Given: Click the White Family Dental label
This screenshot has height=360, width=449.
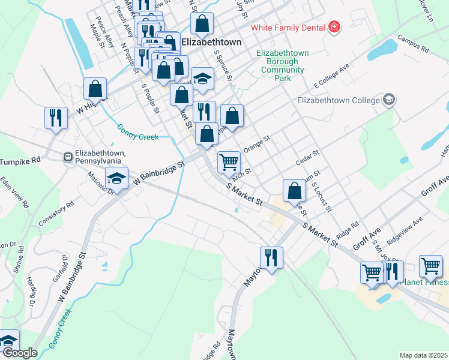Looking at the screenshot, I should [x=288, y=28].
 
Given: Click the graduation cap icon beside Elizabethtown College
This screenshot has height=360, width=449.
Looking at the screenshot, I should [x=389, y=100].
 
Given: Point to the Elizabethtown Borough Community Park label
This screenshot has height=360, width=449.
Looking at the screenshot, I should [x=282, y=65].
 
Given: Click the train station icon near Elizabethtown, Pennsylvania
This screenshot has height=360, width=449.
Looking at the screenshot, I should [x=68, y=157].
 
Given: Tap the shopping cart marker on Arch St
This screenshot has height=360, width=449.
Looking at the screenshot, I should [x=229, y=162].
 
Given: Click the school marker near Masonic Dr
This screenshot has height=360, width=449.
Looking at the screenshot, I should [x=116, y=178].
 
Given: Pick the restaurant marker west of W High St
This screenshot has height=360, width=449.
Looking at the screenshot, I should [x=56, y=118].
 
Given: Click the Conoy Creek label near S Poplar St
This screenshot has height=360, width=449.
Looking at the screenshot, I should [x=138, y=132].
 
